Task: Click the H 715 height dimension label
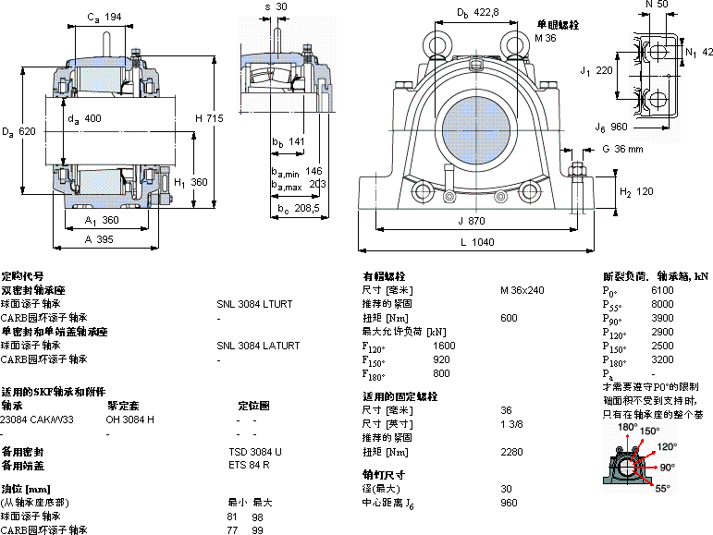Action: coord(209,117)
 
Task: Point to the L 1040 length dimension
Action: coord(475,242)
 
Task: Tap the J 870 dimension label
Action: coord(472,221)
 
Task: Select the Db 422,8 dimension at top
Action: coord(477,12)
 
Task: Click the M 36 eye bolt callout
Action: coord(546,38)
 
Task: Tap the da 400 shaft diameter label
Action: coord(85,118)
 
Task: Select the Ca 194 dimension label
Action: coord(104,18)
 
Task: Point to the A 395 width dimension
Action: coord(98,239)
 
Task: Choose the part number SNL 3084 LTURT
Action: coord(254,303)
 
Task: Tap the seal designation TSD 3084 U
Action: coord(255,452)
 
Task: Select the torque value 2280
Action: coord(510,452)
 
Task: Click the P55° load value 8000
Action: coord(662,303)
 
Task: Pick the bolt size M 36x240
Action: coord(522,290)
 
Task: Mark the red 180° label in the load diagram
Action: coord(627,427)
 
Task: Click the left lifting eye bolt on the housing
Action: coord(435,43)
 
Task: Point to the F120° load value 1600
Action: coord(444,346)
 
